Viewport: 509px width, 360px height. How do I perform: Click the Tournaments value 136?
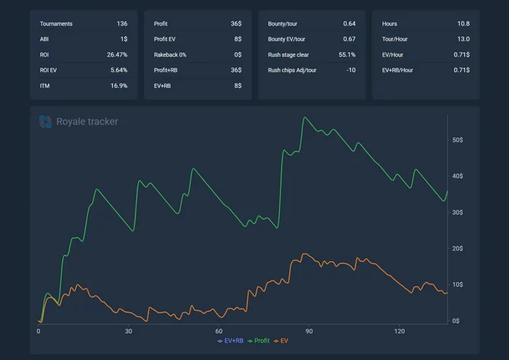coord(121,24)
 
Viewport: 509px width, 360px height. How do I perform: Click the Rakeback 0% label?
coord(170,55)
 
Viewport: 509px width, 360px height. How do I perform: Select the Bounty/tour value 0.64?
coord(349,24)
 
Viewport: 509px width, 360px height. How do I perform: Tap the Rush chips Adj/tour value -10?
coord(350,70)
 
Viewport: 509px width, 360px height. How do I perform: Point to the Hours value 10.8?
coord(462,24)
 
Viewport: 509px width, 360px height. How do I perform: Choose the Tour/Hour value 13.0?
coord(462,39)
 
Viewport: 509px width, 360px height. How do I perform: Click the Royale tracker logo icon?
coord(46,121)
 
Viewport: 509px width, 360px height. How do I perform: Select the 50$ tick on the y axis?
coord(458,140)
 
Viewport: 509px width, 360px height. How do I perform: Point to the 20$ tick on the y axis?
coord(458,249)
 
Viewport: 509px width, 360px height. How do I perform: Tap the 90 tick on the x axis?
coord(309,331)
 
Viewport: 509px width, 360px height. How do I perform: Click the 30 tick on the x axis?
coord(129,331)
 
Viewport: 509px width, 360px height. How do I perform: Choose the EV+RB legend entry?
coord(231,340)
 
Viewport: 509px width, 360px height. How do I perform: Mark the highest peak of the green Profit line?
coord(305,118)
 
